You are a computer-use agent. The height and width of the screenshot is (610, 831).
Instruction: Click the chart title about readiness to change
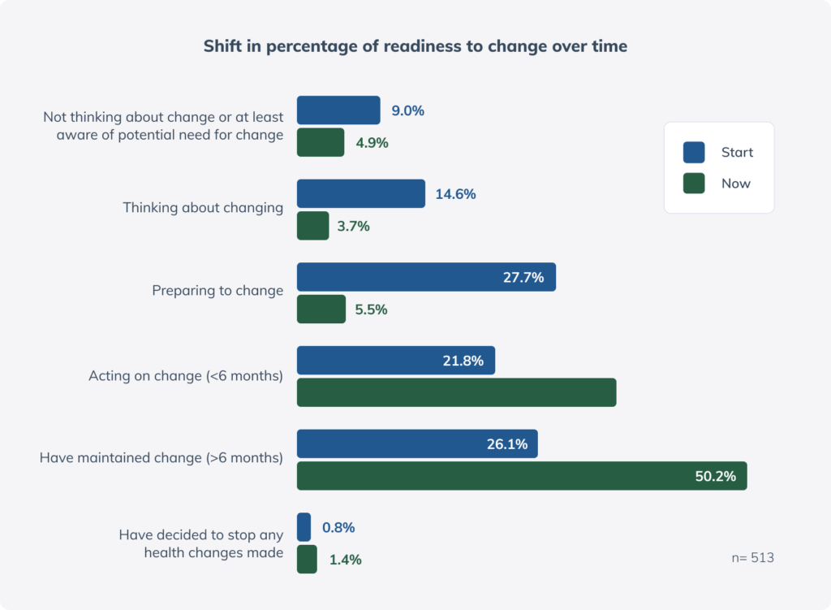point(415,46)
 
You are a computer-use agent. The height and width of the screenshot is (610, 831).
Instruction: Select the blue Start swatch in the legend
point(694,153)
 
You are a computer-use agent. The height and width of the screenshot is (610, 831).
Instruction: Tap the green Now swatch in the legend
point(694,184)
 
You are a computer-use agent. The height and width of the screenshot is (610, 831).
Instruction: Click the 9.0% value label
point(407,110)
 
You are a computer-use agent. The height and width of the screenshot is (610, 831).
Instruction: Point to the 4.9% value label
point(372,143)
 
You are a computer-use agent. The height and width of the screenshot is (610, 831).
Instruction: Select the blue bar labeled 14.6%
point(360,194)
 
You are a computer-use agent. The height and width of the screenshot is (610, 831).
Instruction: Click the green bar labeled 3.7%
point(312,226)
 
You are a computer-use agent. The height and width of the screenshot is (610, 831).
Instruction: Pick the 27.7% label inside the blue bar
point(523,277)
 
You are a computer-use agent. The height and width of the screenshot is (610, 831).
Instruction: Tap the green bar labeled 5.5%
point(321,309)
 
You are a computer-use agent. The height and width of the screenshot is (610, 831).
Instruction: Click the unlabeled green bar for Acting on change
point(456,392)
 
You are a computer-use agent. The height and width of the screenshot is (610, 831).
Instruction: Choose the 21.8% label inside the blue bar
point(463,361)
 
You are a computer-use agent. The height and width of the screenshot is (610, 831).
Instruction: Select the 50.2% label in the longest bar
point(715,476)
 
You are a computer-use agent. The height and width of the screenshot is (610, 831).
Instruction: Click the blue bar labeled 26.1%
point(416,444)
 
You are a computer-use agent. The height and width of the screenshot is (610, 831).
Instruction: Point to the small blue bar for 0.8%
point(304,527)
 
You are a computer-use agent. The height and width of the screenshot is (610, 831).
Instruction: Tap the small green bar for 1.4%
point(307,560)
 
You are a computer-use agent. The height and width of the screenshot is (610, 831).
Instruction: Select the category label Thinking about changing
point(203,208)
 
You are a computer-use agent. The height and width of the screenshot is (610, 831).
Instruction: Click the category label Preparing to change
point(217,291)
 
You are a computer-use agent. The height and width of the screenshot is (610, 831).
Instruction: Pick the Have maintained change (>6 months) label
point(161,458)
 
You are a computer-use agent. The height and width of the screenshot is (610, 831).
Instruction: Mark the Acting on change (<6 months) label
point(185,376)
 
